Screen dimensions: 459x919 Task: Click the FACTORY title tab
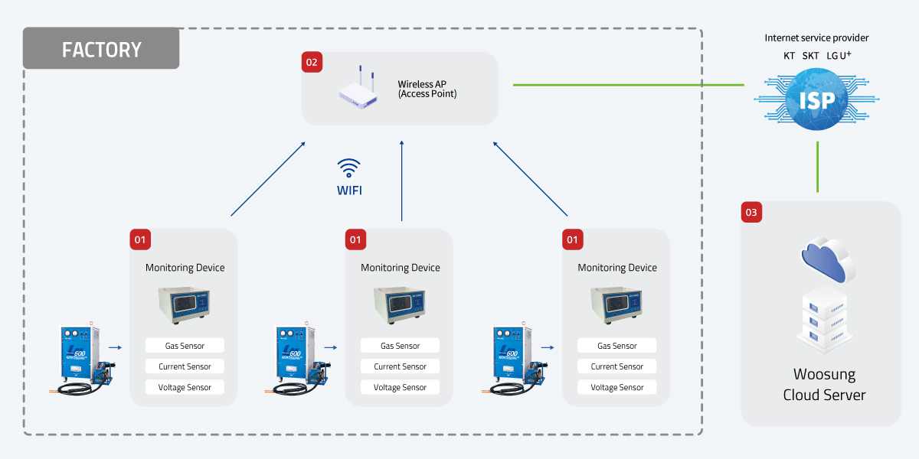click(101, 49)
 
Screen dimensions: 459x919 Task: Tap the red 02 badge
click(311, 62)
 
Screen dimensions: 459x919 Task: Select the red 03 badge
click(752, 213)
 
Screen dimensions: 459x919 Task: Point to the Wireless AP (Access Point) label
click(427, 89)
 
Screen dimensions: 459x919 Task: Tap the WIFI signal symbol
click(349, 168)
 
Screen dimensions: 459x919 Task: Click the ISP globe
click(817, 100)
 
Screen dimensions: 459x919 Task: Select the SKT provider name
click(810, 56)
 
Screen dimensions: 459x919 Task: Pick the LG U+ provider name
click(839, 56)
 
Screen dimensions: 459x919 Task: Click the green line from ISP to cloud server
click(818, 166)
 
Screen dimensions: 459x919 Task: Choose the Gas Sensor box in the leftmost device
click(185, 346)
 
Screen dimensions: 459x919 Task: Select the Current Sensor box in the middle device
click(401, 366)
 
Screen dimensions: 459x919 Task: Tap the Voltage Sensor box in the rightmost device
click(617, 387)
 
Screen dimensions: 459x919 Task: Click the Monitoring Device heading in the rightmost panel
click(617, 268)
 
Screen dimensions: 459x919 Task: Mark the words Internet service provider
click(817, 37)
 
